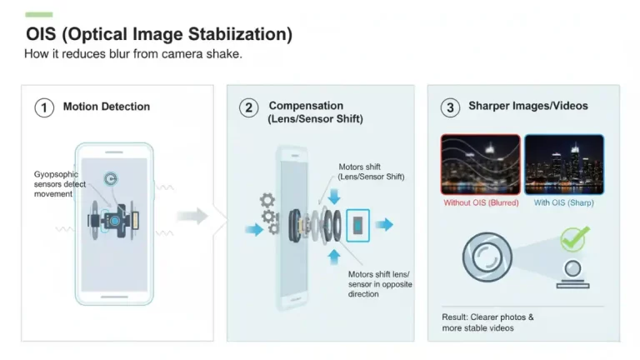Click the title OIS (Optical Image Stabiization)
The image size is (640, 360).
(158, 34)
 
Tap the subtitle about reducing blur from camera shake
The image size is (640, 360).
(133, 54)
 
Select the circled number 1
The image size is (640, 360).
(43, 107)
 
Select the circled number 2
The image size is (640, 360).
(248, 107)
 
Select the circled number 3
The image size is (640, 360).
(450, 107)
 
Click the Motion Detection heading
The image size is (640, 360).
(106, 107)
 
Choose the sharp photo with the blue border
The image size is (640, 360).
(564, 164)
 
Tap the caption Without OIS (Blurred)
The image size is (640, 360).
(480, 202)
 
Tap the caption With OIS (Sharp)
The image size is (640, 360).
(564, 202)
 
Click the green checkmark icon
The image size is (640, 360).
(572, 239)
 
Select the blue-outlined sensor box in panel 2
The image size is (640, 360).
(358, 225)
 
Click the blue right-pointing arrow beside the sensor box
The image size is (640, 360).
(384, 225)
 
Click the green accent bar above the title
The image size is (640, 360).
(39, 14)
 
